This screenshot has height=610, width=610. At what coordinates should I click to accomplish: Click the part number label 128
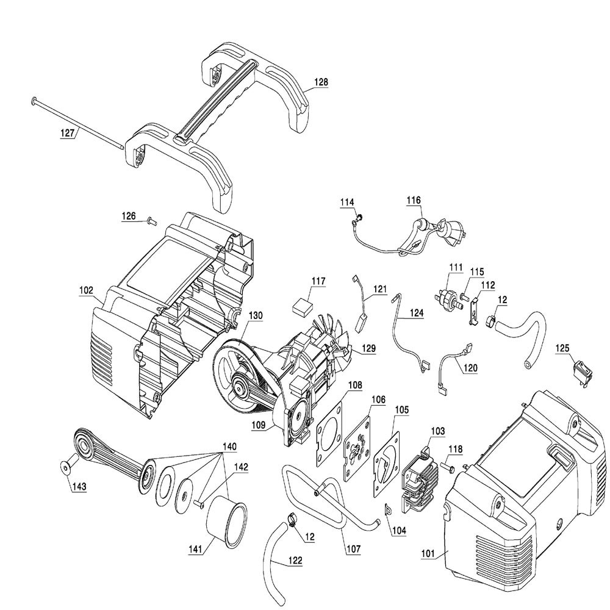click(321, 82)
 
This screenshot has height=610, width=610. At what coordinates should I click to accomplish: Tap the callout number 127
click(67, 133)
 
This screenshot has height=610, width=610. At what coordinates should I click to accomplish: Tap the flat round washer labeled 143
click(66, 467)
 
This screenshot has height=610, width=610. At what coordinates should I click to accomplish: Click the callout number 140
click(229, 447)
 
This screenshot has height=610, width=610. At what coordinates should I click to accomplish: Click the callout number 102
click(86, 290)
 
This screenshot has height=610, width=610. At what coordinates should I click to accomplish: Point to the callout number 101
click(428, 554)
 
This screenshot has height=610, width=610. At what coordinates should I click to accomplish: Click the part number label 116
click(414, 200)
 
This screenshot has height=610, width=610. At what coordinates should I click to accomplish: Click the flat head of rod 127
click(34, 101)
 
